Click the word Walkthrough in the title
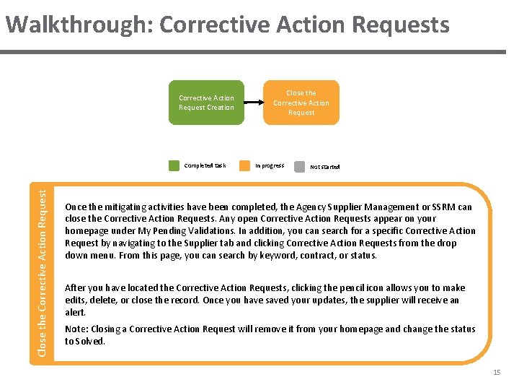pos(79,25)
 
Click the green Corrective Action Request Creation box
pos(206,103)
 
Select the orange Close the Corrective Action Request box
pos(301,103)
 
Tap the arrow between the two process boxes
pos(254,103)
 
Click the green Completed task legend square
pos(174,165)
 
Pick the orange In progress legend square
pos(245,165)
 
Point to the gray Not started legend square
pos(299,165)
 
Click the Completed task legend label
pos(205,165)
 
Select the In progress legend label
pos(270,165)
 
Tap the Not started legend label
pos(324,166)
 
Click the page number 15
pos(496,372)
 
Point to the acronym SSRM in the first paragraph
pos(440,207)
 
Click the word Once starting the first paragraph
pos(76,207)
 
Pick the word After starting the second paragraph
pos(77,287)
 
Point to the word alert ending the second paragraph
pos(76,312)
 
